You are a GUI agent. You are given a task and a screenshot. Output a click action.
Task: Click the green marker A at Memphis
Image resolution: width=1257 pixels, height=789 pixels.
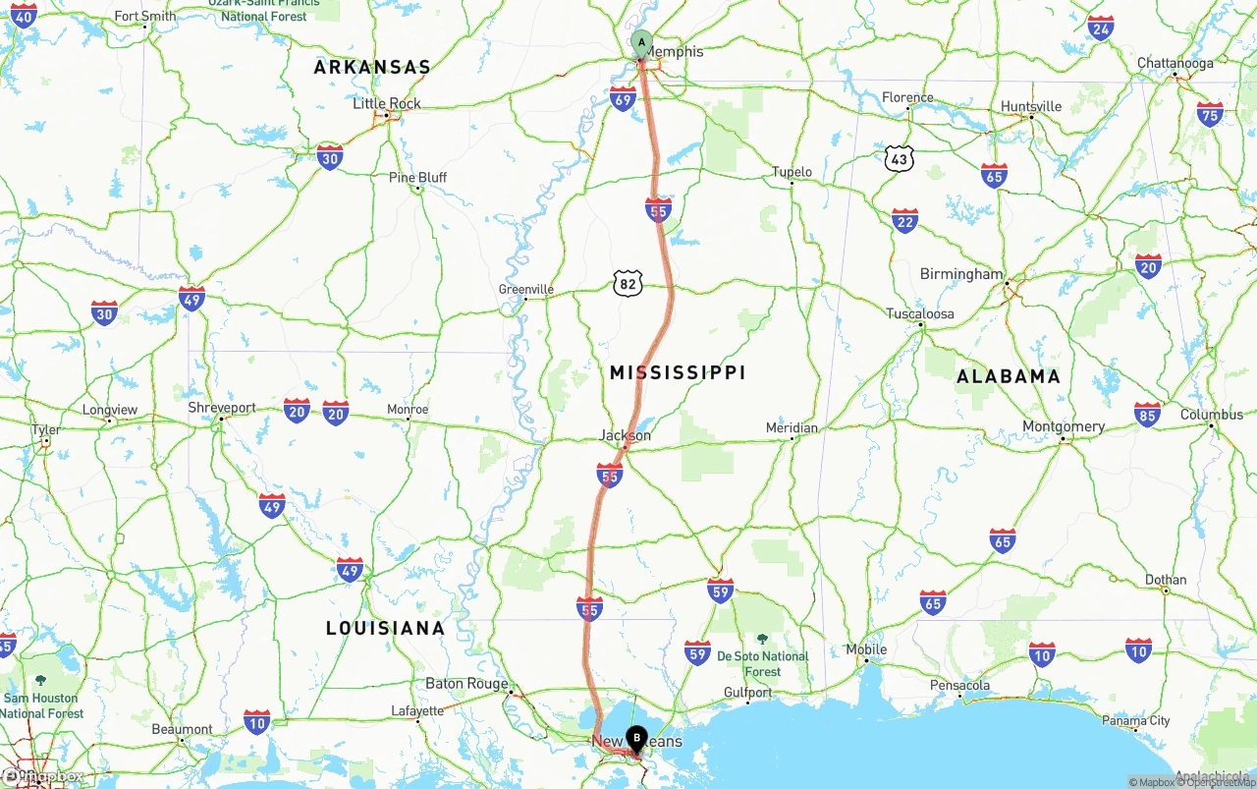click(641, 42)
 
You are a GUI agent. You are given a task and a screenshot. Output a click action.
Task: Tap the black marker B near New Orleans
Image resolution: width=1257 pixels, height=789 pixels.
click(636, 737)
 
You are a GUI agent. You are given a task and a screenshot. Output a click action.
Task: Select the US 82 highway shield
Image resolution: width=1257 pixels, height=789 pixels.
click(628, 284)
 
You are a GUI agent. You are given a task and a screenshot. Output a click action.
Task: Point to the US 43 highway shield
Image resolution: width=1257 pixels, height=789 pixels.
click(899, 159)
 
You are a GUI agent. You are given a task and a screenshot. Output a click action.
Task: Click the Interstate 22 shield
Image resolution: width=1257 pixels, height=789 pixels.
click(904, 221)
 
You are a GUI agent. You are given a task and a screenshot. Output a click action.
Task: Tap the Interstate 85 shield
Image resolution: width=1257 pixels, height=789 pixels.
click(1146, 414)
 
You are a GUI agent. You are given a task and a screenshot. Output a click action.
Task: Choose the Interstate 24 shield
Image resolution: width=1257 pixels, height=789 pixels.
click(1101, 28)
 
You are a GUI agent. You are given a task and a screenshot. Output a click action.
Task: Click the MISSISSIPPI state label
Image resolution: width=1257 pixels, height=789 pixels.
click(678, 372)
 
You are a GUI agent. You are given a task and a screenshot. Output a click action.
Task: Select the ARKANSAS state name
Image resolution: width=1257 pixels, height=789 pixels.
click(372, 67)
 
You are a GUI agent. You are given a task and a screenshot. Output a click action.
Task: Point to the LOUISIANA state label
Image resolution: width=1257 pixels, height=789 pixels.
click(385, 628)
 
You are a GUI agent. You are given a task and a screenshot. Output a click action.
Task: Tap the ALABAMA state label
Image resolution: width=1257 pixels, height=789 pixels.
click(1009, 376)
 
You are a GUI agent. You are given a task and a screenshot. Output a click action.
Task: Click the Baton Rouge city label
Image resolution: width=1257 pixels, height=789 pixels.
click(466, 684)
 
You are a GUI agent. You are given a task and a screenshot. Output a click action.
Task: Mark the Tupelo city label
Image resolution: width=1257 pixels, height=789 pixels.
click(792, 172)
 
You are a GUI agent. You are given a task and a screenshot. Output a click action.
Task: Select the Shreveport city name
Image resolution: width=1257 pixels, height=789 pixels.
click(222, 408)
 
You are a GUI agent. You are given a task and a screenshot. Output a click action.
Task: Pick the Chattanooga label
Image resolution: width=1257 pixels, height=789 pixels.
click(1175, 64)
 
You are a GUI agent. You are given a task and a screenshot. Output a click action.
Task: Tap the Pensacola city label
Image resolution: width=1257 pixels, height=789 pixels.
click(959, 686)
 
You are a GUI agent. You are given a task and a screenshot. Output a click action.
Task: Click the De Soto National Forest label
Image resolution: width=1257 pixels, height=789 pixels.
click(762, 663)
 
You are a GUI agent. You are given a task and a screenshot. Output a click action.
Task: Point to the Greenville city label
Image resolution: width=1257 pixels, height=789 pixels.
click(526, 290)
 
